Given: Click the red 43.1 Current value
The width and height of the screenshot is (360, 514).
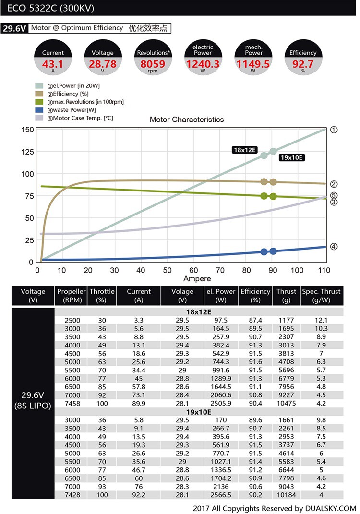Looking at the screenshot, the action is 52,64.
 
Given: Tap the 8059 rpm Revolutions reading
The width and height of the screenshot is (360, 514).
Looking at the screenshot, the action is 153,64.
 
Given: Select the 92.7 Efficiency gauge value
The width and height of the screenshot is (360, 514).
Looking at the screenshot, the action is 302,64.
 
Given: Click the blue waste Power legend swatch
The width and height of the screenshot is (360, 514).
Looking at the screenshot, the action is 39,110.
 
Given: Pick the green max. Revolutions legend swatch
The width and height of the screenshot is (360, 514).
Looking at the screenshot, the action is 39,102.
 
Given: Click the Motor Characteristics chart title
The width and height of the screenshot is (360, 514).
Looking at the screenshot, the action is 187,120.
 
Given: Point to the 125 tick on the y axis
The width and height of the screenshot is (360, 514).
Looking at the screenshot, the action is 27,152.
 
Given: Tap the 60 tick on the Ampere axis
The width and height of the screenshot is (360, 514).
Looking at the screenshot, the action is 193,270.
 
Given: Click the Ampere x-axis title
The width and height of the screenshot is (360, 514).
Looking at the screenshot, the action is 197,279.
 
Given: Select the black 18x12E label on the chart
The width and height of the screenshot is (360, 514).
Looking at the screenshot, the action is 244,150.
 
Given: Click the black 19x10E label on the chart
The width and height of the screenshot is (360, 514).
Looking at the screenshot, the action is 291,158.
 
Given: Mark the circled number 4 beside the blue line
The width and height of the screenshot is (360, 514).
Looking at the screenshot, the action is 334,247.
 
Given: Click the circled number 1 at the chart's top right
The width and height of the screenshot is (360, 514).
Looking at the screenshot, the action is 334,130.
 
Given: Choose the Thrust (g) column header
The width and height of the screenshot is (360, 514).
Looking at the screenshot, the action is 286,296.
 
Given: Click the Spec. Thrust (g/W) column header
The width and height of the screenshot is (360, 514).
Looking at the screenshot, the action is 321,296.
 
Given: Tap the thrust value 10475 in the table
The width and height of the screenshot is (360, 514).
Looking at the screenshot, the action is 286,403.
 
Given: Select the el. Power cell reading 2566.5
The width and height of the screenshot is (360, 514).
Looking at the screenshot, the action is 221,495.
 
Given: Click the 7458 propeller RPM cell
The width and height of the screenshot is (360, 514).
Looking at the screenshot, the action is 72,403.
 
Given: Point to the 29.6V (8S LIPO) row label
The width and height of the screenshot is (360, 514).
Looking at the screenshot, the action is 33,400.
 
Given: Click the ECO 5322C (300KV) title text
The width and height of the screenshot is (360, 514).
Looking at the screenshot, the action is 50,8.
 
